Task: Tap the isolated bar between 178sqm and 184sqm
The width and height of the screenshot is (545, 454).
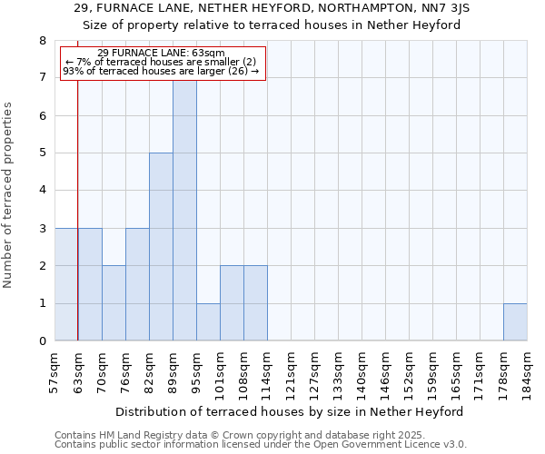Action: (x=515, y=322)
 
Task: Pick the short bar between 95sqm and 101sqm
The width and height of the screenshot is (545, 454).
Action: (x=208, y=322)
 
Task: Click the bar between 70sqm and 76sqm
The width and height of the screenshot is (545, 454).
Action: (x=114, y=303)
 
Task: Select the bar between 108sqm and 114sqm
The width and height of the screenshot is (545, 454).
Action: (x=255, y=303)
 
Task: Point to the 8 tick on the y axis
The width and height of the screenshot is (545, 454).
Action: (x=43, y=41)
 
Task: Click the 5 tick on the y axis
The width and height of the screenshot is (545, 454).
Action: (x=43, y=153)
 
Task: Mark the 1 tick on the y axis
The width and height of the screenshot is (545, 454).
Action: (x=43, y=303)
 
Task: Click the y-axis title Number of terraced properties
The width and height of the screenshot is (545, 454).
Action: (x=9, y=194)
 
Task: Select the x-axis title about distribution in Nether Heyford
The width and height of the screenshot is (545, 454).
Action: (x=290, y=411)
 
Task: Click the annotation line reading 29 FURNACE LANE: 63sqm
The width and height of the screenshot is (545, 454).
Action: (x=161, y=53)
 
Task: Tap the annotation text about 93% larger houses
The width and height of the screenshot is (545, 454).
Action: (x=161, y=71)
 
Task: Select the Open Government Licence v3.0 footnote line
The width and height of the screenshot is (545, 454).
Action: (x=261, y=445)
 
